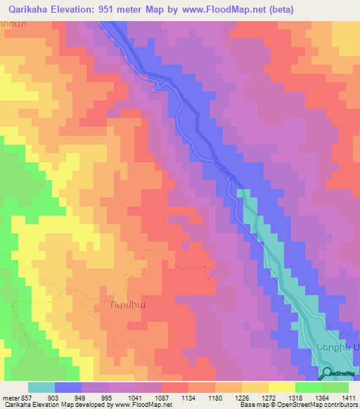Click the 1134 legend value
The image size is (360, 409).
188,397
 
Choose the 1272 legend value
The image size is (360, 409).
269,397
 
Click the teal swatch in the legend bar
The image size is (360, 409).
41,387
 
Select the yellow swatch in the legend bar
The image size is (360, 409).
282,387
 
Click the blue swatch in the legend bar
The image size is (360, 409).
68,387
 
